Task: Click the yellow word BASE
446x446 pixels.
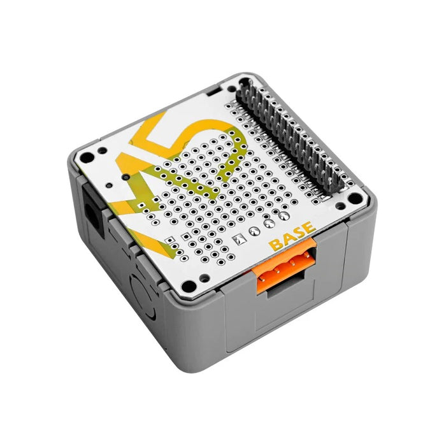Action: (292, 236)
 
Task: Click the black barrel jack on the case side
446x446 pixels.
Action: (93, 210)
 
